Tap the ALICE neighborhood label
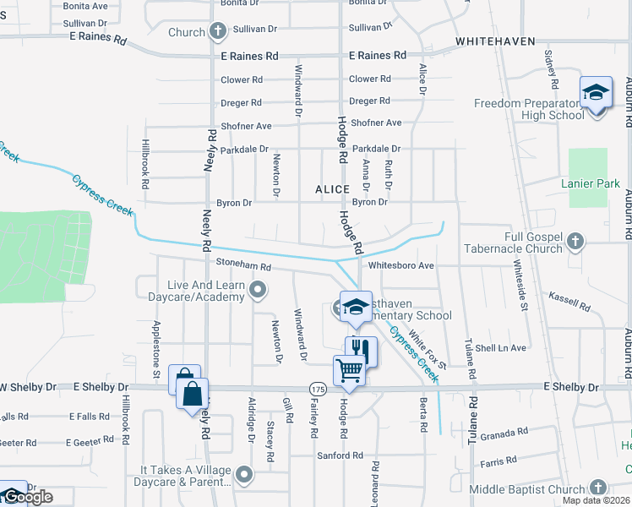pyautogui.click(x=332, y=189)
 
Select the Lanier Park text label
pyautogui.click(x=591, y=183)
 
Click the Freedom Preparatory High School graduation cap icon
pyautogui.click(x=596, y=91)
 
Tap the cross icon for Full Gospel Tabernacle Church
pyautogui.click(x=575, y=243)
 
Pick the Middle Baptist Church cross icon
pyautogui.click(x=597, y=488)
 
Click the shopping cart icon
pyautogui.click(x=350, y=369)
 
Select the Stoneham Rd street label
pyautogui.click(x=242, y=266)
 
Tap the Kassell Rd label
pyautogui.click(x=569, y=301)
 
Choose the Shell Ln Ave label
pyautogui.click(x=500, y=347)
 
